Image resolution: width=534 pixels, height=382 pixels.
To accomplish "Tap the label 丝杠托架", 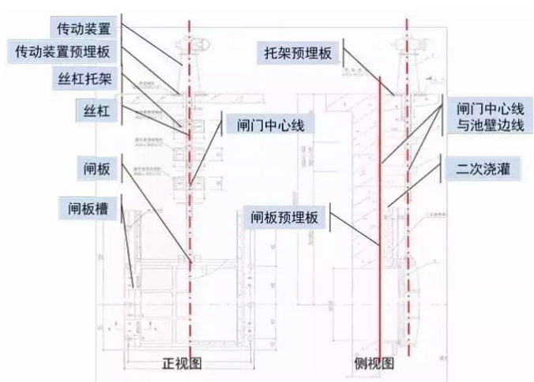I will (87, 79).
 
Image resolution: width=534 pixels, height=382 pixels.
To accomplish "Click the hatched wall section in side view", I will (348, 158).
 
